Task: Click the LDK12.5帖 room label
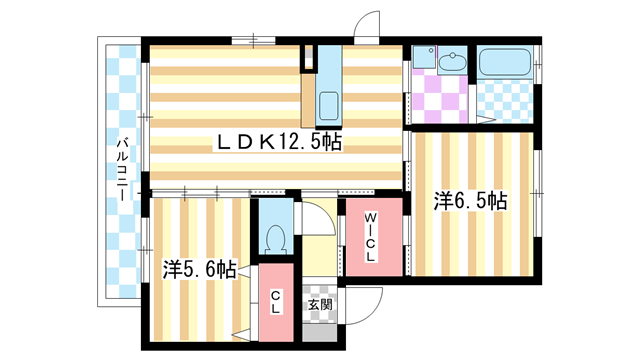(x=279, y=143)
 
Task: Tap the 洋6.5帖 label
(x=470, y=201)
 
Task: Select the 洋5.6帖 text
(x=200, y=269)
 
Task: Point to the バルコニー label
(x=121, y=170)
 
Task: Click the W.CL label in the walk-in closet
(x=370, y=236)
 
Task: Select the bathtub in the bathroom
(x=505, y=63)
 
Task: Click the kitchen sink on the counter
(x=329, y=104)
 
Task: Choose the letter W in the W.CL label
(x=369, y=219)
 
